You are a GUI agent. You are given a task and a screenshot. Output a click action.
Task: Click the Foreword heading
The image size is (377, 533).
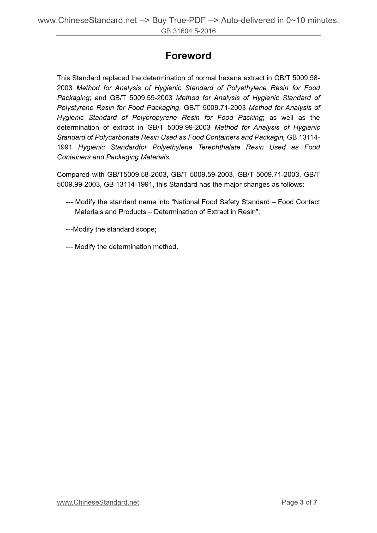click(x=188, y=56)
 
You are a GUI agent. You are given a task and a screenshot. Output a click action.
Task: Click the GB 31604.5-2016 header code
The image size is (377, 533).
click(x=188, y=31)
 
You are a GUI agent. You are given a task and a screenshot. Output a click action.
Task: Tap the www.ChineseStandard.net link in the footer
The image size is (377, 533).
click(x=98, y=502)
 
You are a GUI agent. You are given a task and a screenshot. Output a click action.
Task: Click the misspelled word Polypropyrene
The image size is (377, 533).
click(x=154, y=118)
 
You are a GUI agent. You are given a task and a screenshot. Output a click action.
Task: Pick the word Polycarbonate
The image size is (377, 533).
click(x=117, y=137)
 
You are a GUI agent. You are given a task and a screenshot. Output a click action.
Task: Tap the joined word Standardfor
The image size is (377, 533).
click(x=129, y=147)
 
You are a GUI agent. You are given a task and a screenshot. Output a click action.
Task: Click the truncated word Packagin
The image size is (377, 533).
click(x=271, y=137)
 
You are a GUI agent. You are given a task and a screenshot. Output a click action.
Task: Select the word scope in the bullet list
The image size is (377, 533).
click(x=145, y=229)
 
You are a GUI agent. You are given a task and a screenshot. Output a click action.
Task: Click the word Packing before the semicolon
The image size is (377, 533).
click(x=250, y=118)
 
